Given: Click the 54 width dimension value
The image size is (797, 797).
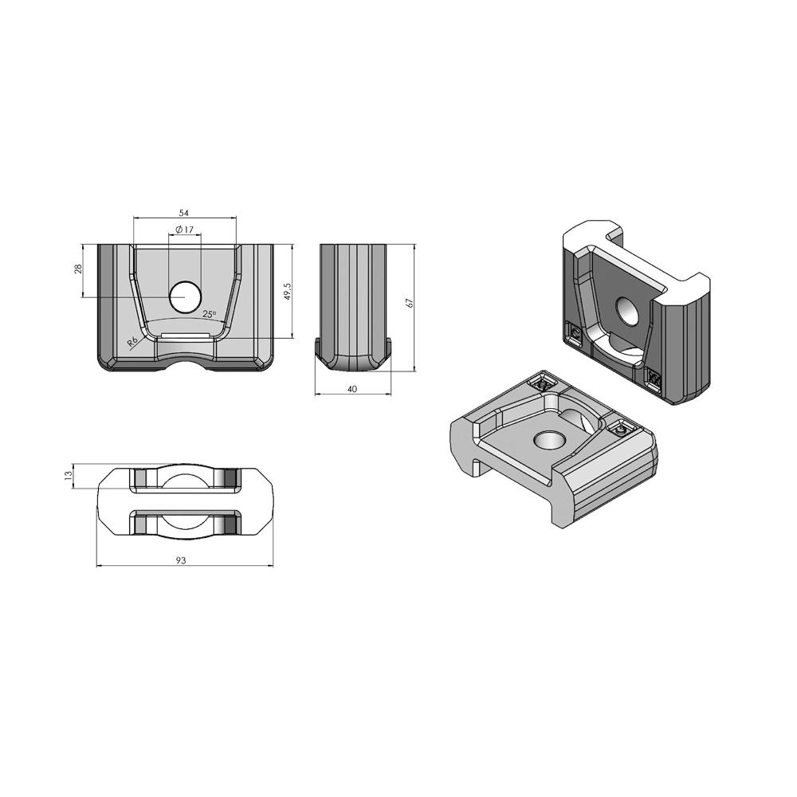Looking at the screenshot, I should coord(183,213).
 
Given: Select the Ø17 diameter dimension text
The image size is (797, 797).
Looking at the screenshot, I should coord(184,230).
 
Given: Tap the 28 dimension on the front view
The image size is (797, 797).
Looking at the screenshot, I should coord(78,270).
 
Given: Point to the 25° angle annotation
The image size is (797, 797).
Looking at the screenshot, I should coord(209,315).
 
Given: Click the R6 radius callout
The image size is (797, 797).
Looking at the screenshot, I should coord(132,342).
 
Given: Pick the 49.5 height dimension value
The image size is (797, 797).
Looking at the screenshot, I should coord(288,291).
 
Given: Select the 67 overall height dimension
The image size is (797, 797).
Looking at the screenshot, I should coord(410,304).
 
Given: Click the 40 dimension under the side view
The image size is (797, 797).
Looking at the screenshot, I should coord(352,389).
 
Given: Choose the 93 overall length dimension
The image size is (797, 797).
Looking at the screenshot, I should coord(181,561).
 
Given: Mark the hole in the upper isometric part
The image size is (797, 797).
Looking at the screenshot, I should coord(629,312).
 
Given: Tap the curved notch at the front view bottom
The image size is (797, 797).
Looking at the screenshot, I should coord(185,366).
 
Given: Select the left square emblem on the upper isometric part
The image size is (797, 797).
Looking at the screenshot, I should coord(574,333).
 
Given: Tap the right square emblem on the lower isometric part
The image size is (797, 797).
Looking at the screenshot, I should coord(621,430).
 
